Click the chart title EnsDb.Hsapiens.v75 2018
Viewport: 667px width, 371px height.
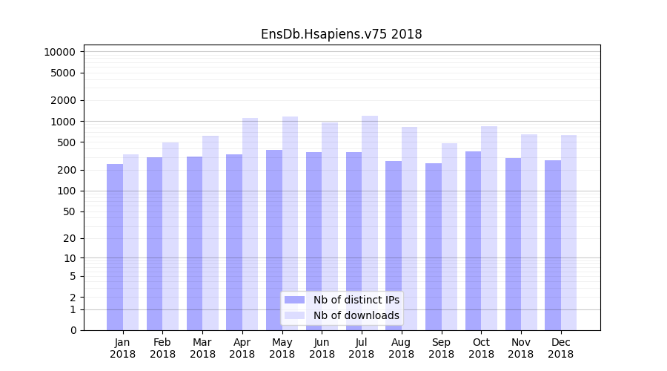pyautogui.click(x=341, y=34)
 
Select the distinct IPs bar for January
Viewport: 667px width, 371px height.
pyautogui.click(x=115, y=247)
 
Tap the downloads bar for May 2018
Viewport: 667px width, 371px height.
pyautogui.click(x=290, y=223)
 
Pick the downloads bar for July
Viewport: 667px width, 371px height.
pyautogui.click(x=370, y=223)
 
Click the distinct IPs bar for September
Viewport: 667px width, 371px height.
pyautogui.click(x=434, y=246)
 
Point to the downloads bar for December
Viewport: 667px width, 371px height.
pyautogui.click(x=568, y=232)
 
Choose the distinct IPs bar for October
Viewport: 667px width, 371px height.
pyautogui.click(x=473, y=240)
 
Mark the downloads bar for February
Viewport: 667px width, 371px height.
pyautogui.click(x=170, y=236)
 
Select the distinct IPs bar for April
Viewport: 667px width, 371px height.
pyautogui.click(x=234, y=242)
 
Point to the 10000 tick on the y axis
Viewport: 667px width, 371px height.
pyautogui.click(x=59, y=52)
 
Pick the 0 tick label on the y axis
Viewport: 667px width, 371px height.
pyautogui.click(x=73, y=330)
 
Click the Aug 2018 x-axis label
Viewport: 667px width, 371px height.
pyautogui.click(x=402, y=348)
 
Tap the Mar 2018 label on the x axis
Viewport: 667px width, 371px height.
pyautogui.click(x=202, y=348)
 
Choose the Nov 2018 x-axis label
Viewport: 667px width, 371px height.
pyautogui.click(x=521, y=348)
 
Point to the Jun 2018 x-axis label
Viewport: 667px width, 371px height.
pyautogui.click(x=322, y=348)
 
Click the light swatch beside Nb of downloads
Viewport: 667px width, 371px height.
pyautogui.click(x=294, y=315)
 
